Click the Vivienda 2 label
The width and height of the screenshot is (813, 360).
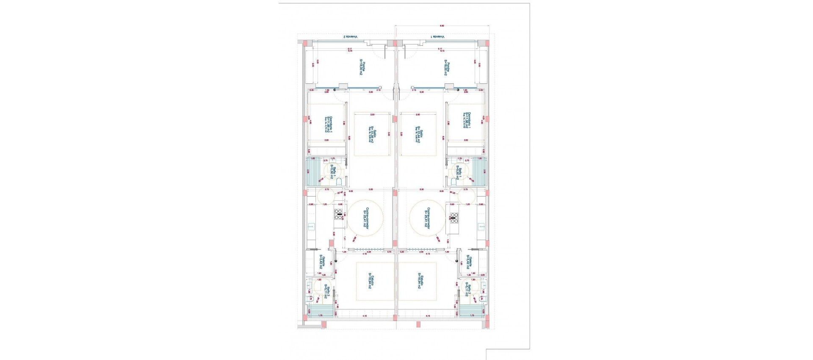click(350, 37)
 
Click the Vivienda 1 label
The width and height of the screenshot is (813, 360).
click(438, 37)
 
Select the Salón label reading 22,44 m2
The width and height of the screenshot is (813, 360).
click(419, 135)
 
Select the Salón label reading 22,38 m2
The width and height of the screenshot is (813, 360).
click(371, 135)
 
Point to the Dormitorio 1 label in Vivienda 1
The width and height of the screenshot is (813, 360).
click(467, 121)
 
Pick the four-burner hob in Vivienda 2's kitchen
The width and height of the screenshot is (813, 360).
click(339, 214)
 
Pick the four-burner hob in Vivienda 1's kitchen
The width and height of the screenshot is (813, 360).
click(454, 218)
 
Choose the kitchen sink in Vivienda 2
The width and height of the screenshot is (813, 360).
click(311, 227)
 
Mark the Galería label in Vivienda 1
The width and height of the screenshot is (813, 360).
click(469, 263)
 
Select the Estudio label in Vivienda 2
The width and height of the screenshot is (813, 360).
click(371, 281)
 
